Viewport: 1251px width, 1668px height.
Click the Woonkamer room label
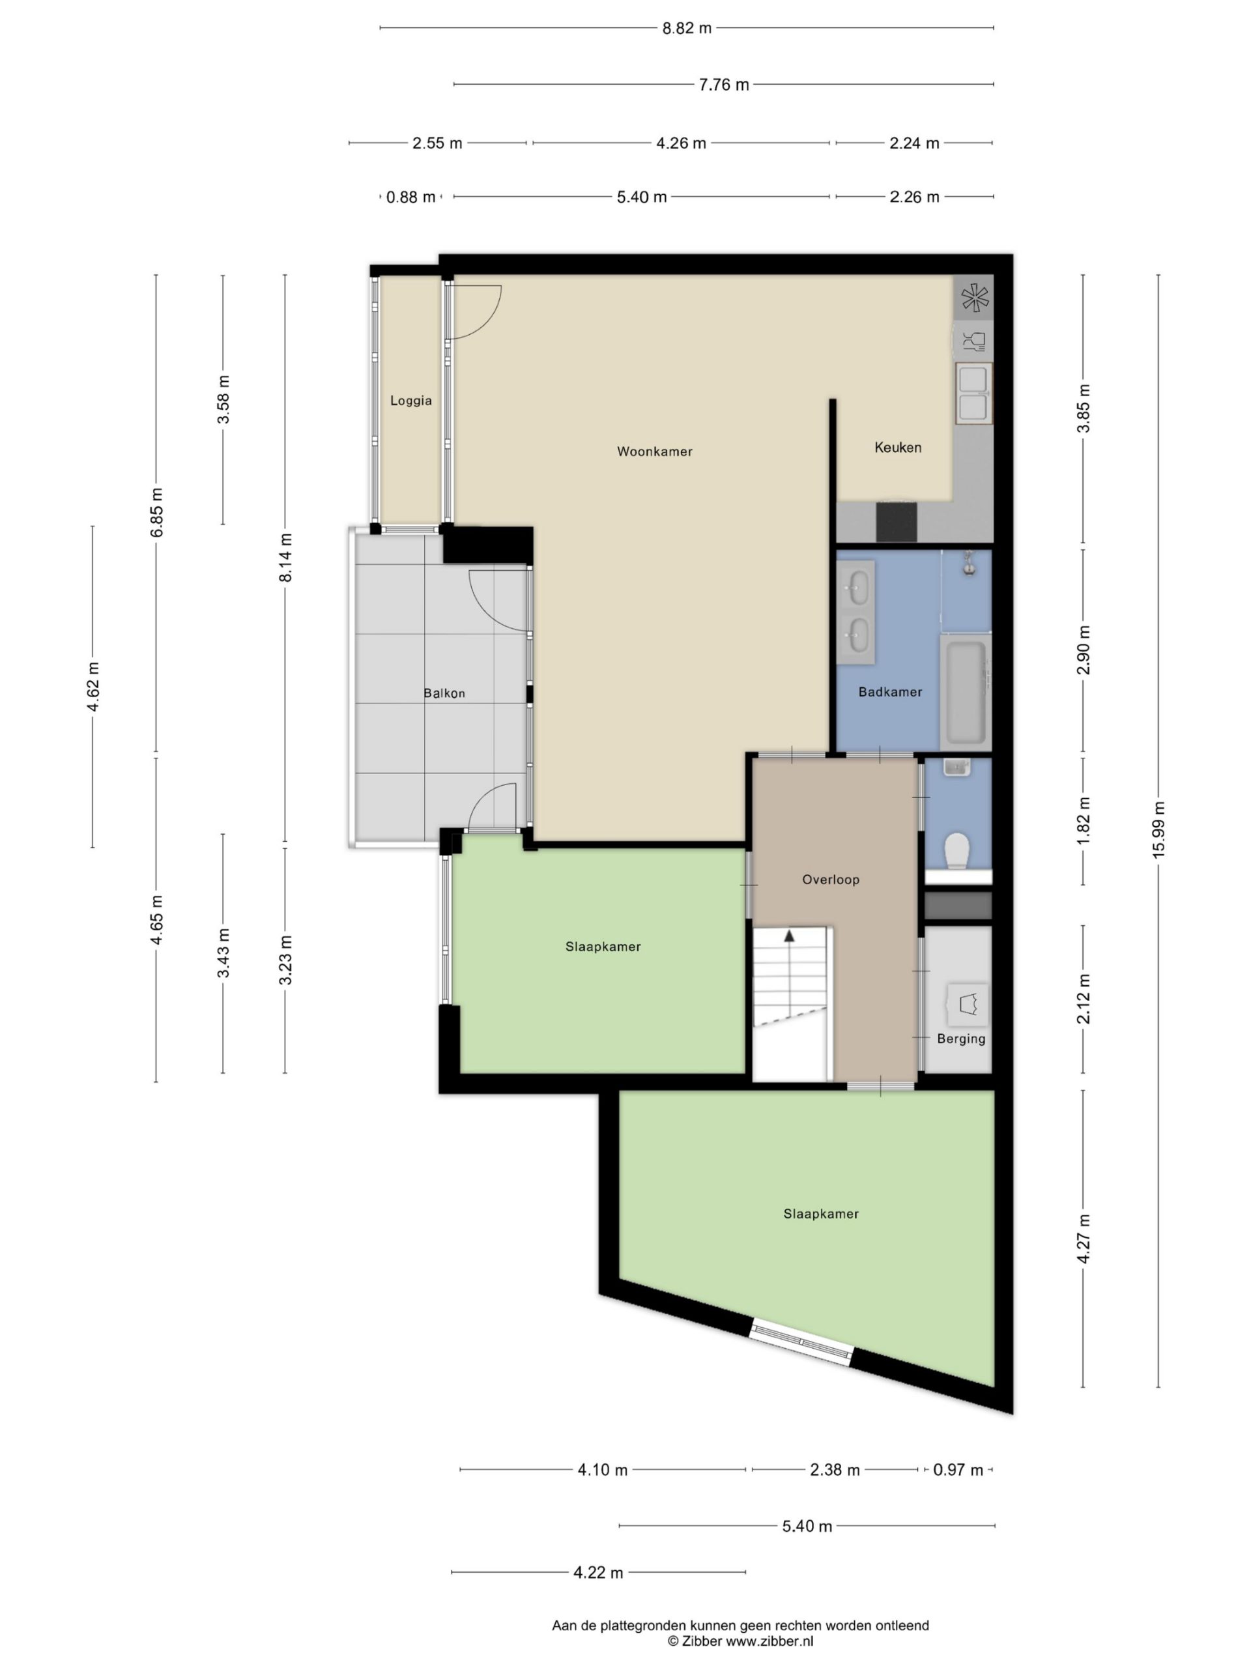(x=655, y=452)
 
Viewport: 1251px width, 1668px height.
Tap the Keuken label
(x=897, y=447)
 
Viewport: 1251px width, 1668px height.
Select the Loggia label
(x=411, y=401)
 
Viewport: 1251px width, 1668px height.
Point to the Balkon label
(x=444, y=693)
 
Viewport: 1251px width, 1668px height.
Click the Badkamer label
(x=890, y=691)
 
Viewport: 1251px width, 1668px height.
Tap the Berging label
(x=960, y=1039)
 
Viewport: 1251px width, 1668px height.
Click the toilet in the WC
(x=957, y=850)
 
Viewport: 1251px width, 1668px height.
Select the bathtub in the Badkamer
(x=966, y=691)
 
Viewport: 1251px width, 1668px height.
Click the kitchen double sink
(x=973, y=393)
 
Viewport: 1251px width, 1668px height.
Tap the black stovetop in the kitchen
(x=897, y=522)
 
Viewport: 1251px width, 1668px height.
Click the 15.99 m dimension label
(x=1158, y=828)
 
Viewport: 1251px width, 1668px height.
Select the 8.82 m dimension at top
(x=687, y=29)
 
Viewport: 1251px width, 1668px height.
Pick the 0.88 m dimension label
(x=411, y=197)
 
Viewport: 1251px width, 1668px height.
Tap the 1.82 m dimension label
(x=1084, y=818)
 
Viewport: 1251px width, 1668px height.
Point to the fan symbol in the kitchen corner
(x=973, y=297)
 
